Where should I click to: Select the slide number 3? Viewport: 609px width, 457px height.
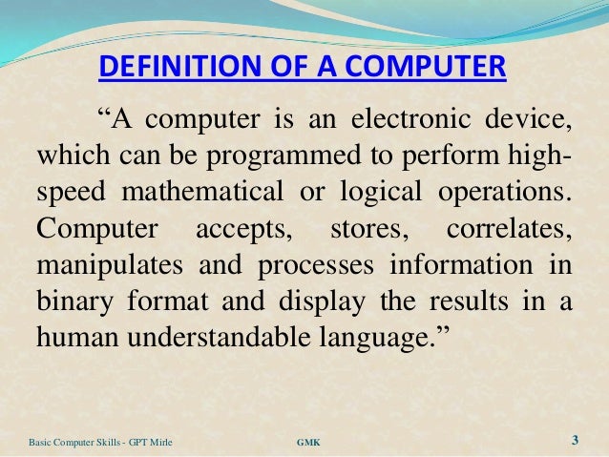pyautogui.click(x=575, y=440)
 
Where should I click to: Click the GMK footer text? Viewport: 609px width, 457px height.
pyautogui.click(x=309, y=442)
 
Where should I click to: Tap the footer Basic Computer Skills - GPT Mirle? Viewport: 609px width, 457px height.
pyautogui.click(x=94, y=442)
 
